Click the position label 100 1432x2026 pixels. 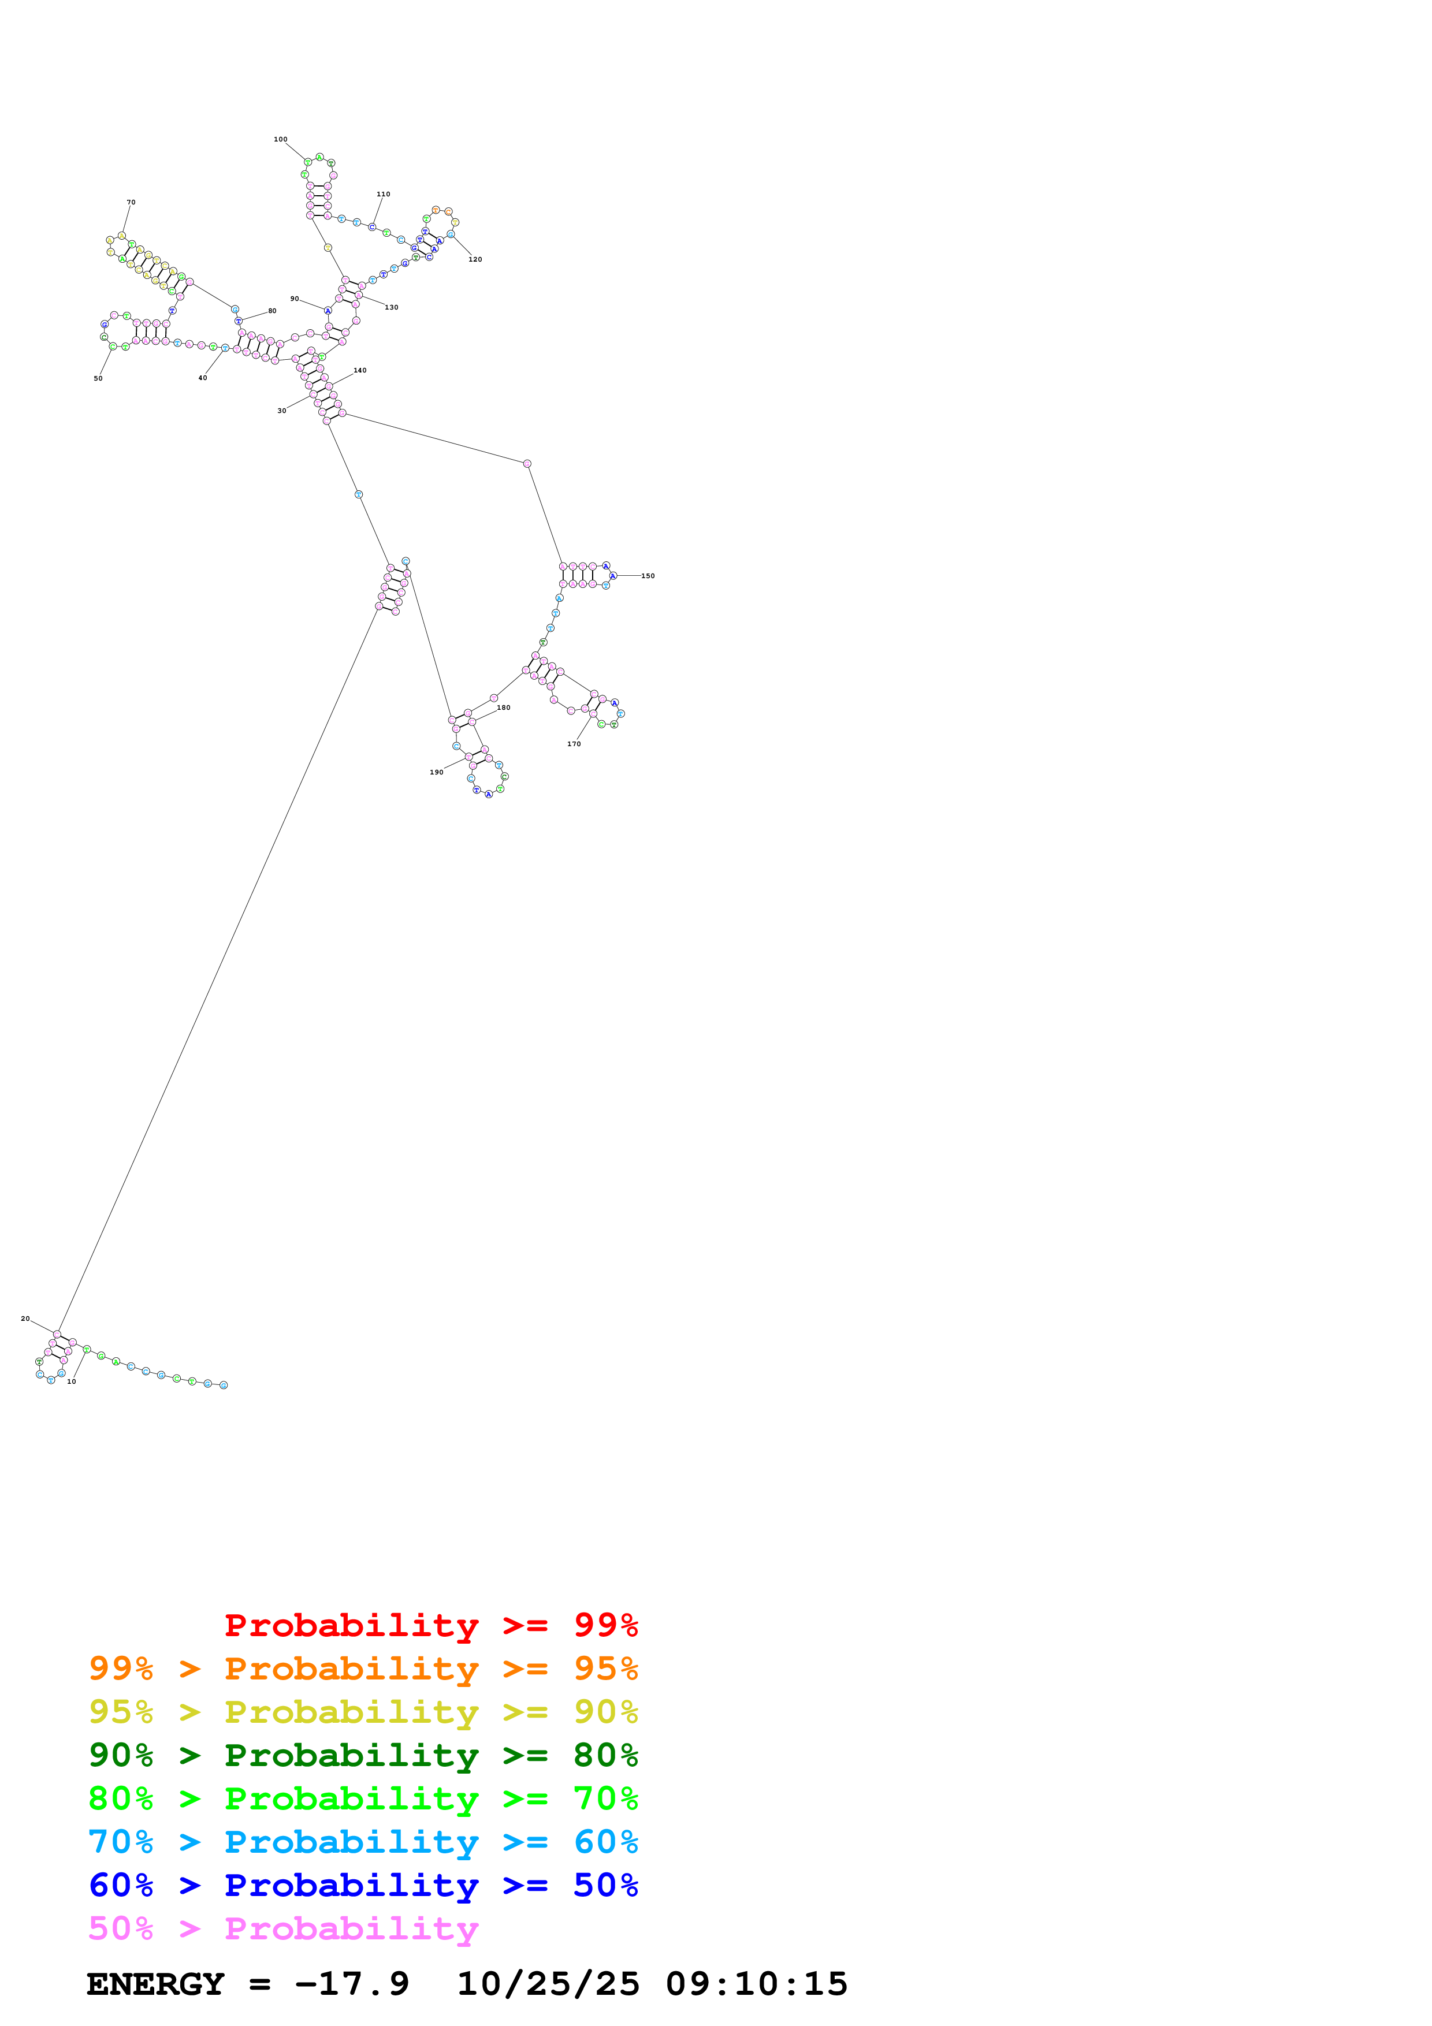281,139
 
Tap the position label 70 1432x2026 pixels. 131,202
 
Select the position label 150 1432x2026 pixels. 648,576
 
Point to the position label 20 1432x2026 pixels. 25,1319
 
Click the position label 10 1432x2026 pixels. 72,1381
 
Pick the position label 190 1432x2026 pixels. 436,772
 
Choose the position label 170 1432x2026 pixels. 574,744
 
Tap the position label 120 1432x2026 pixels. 475,259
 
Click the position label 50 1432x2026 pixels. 98,378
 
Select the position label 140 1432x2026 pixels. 360,371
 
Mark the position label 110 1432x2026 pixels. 383,194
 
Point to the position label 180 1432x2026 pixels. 503,707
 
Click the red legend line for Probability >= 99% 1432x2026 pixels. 430,1625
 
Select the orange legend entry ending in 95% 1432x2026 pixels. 363,1668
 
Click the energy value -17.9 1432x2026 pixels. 352,1984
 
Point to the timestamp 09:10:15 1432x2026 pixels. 756,1984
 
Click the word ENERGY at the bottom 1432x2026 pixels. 155,1984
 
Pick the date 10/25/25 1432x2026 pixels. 548,1984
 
